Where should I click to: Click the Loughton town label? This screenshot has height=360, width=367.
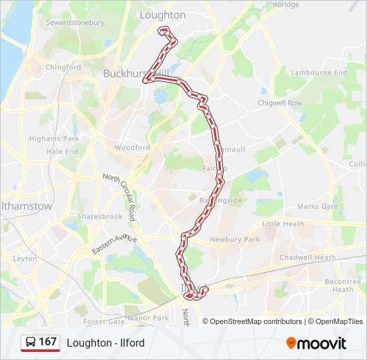[163, 15]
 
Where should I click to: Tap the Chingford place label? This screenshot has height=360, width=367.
[63, 67]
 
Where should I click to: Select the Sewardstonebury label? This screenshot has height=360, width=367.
[75, 23]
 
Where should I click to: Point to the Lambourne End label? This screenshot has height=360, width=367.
[320, 73]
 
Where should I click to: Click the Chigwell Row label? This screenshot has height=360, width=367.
[280, 103]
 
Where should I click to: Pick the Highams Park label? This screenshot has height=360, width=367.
[53, 139]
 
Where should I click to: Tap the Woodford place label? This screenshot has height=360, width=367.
[132, 147]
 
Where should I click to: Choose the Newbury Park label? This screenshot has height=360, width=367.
[234, 239]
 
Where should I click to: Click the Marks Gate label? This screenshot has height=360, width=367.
[318, 207]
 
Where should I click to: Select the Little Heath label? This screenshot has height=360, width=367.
[283, 224]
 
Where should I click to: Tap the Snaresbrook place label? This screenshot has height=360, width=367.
[99, 217]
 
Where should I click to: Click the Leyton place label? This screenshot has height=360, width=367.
[25, 258]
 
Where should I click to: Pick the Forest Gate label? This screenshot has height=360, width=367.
[103, 321]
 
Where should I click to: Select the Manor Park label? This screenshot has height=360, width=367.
[152, 318]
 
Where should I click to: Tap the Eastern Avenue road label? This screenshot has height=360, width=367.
[114, 243]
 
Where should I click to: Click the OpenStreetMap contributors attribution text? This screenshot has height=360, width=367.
[256, 321]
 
